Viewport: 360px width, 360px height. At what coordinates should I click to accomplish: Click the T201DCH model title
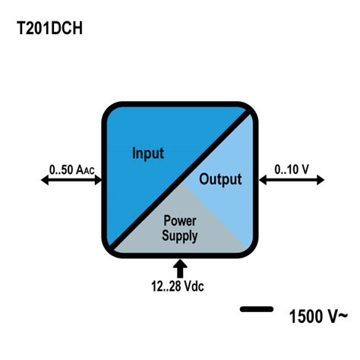[x=49, y=29]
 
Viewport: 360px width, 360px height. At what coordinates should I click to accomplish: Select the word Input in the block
[x=148, y=153]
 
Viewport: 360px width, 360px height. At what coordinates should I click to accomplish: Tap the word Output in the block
[x=220, y=180]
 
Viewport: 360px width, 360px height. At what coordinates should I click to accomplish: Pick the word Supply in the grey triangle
[x=179, y=236]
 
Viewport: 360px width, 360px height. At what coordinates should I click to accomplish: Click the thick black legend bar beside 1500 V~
[x=257, y=308]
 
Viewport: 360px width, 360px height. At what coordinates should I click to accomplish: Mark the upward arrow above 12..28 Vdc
[x=180, y=268]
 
